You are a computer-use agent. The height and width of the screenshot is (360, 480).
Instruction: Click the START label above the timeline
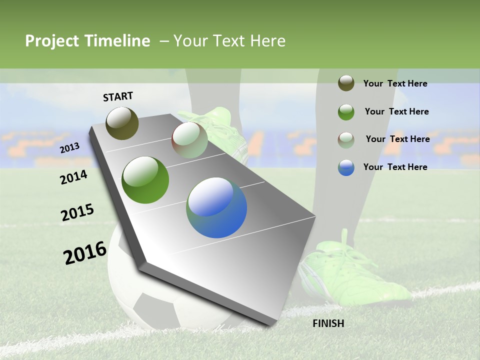tap(118, 96)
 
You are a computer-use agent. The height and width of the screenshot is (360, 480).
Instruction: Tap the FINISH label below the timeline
tap(328, 323)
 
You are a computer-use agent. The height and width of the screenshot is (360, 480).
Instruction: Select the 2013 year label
tap(69, 147)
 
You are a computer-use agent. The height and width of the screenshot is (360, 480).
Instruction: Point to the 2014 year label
tap(73, 177)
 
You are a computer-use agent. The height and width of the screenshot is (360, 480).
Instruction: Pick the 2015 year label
tap(77, 212)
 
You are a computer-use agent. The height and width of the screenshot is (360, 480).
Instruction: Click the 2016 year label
tap(85, 253)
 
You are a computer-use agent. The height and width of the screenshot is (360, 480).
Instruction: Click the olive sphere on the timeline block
tap(122, 123)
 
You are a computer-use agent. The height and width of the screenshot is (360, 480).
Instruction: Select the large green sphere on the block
tap(145, 180)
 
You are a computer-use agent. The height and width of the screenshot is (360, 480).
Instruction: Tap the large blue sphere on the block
tap(216, 207)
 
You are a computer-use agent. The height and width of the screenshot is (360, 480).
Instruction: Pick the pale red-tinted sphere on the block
tap(189, 140)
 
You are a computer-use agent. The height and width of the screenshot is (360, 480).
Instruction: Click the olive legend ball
tap(346, 83)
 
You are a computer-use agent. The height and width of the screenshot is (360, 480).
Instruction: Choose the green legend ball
tap(346, 111)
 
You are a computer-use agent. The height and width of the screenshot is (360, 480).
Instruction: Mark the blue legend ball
tap(346, 167)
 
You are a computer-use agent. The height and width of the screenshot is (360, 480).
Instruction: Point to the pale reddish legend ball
tap(346, 139)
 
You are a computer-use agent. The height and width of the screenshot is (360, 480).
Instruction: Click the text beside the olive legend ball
tap(395, 83)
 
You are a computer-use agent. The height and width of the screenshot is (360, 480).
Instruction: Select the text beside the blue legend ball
tap(395, 167)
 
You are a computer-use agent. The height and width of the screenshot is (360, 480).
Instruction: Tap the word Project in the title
tap(52, 41)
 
